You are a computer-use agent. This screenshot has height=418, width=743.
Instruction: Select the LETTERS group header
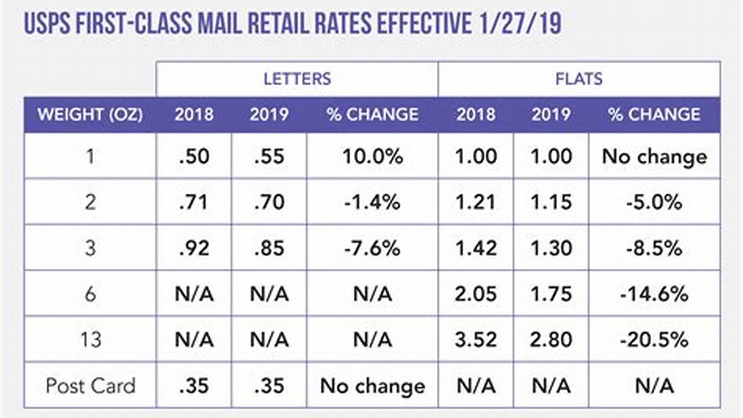(x=297, y=78)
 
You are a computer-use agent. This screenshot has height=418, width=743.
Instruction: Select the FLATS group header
(x=579, y=78)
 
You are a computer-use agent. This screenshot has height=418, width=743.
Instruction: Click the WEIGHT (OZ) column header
(x=90, y=114)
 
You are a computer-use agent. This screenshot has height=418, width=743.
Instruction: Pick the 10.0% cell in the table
(x=372, y=156)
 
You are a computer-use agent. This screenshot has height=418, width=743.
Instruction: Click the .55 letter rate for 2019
(x=268, y=156)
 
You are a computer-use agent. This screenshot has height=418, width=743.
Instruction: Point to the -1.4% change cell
(x=372, y=202)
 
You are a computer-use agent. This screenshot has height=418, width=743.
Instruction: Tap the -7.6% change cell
(x=372, y=248)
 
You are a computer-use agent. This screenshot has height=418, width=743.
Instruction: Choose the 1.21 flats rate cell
(x=476, y=202)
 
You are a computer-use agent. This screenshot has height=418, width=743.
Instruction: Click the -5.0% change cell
(x=654, y=202)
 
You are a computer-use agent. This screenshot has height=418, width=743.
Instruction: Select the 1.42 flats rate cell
(x=476, y=248)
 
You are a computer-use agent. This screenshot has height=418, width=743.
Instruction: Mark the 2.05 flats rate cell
(x=476, y=294)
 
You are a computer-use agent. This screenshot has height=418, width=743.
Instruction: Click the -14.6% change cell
(x=654, y=294)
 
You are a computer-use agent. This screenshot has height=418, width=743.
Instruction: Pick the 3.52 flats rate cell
(x=476, y=340)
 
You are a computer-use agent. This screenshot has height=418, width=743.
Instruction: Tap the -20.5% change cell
(x=654, y=340)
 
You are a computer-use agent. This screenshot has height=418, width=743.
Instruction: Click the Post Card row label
(x=90, y=385)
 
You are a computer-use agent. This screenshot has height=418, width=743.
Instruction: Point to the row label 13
(x=90, y=340)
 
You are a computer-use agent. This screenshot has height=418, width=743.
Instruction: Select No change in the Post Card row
(x=372, y=385)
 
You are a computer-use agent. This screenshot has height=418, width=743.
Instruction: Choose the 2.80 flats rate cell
(x=551, y=340)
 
